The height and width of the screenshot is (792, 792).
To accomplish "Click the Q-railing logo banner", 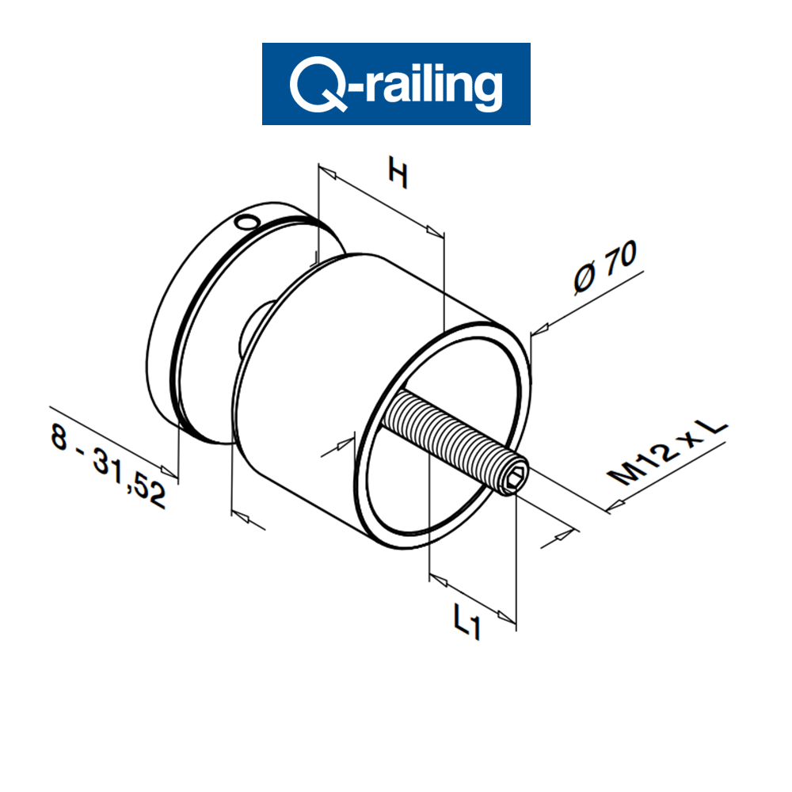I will click(396, 83).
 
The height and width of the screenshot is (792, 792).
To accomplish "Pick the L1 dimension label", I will click(467, 619).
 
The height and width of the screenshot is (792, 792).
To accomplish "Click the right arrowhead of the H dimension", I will click(434, 231).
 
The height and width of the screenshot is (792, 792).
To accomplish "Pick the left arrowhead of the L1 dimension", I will click(438, 580).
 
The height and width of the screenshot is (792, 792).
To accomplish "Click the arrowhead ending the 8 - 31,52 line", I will click(169, 472).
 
